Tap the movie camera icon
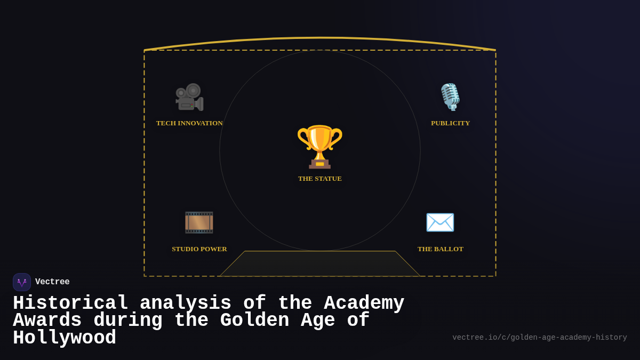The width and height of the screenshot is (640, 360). coord(189,97)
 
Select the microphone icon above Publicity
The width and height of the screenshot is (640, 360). coord(450,97)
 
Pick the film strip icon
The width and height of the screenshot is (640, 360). coord(199,222)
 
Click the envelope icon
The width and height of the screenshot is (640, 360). coord(440,222)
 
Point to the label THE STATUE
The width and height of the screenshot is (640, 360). coord(320,179)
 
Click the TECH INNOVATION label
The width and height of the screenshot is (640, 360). coord(189,123)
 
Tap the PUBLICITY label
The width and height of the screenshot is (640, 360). coord(451,123)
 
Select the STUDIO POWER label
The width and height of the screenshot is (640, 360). coord(199,249)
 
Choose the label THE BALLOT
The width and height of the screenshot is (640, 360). coord(441,249)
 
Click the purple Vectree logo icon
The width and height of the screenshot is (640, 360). coord(22,282)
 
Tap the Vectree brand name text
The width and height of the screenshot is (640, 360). coord(52,282)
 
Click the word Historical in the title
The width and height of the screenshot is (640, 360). coord(70,303)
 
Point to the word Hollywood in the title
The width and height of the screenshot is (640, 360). coord(65,338)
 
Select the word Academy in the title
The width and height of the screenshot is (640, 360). coord(364,303)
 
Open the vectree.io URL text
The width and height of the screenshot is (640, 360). coord(539,338)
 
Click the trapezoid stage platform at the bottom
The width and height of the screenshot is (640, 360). coord(320,263)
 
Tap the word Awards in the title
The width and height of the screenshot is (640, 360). coord(47,321)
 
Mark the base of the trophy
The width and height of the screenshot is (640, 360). coord(320,164)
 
